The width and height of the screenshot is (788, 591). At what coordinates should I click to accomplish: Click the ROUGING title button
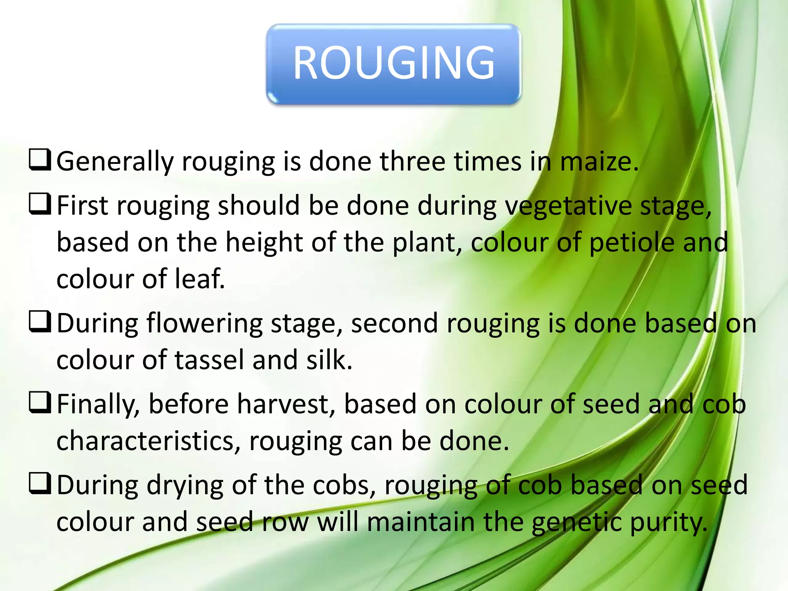[394, 63]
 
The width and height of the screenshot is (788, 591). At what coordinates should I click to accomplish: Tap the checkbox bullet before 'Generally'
[40, 160]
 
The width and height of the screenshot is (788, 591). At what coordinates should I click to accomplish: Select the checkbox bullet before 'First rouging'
[40, 204]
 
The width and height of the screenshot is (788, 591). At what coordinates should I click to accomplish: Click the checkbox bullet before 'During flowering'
[40, 322]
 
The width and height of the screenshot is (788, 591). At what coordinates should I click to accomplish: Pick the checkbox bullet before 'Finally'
[40, 403]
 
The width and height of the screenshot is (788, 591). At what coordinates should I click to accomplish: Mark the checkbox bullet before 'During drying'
[40, 484]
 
